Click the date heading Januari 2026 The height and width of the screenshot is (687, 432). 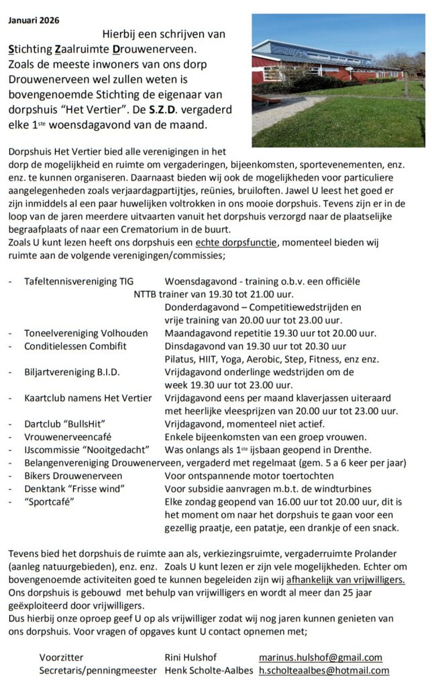(x=34, y=20)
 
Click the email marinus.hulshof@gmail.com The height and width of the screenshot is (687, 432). (x=320, y=657)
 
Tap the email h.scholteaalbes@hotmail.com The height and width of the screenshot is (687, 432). (x=324, y=670)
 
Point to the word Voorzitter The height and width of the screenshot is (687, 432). (x=62, y=657)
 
